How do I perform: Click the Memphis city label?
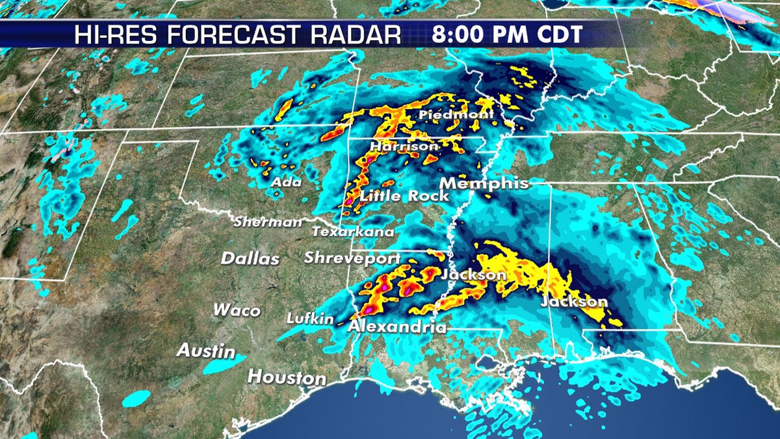coord(484,183)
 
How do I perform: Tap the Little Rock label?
coord(404,196)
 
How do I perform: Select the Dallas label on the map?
coord(250,258)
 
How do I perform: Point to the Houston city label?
coord(287,377)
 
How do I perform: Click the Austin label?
coord(207,351)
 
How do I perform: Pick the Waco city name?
coord(237,310)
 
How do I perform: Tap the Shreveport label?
coord(352,258)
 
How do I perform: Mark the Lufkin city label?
coord(310,319)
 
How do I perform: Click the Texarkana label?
coord(353,232)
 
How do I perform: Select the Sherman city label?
coord(268,222)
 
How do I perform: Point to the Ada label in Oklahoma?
coord(286,182)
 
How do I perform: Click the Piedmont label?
coord(456,115)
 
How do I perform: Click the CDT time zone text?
coord(556,34)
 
